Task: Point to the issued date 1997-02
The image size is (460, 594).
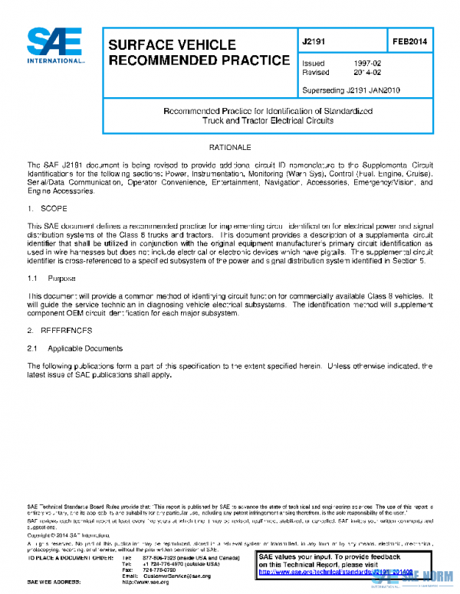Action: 366,63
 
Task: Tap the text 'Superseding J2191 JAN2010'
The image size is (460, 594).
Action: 350,90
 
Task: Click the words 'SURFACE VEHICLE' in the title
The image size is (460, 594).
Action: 172,45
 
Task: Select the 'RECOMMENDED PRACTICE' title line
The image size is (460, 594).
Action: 199,60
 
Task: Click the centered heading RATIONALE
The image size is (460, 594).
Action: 229,146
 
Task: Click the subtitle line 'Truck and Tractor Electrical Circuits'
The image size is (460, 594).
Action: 268,121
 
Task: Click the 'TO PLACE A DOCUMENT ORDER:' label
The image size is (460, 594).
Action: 71,558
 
